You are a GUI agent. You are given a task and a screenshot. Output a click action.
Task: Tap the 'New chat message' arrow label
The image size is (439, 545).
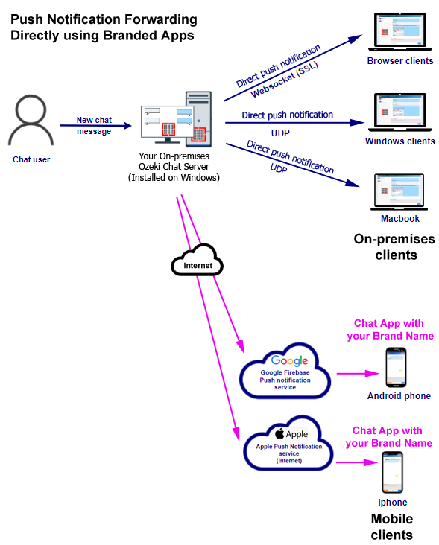click(x=94, y=126)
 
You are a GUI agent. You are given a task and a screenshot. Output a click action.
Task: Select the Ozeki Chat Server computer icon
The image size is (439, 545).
click(x=177, y=119)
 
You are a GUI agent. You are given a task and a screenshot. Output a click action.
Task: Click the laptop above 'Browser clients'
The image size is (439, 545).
click(x=399, y=32)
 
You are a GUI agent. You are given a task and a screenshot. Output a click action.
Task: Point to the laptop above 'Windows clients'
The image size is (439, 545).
click(x=399, y=112)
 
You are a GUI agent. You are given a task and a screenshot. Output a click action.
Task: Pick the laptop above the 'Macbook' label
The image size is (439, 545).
click(x=399, y=192)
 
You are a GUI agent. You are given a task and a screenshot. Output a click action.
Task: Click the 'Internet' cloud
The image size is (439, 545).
click(x=198, y=261)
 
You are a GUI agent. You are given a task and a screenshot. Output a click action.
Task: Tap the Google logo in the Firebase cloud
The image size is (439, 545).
click(x=289, y=361)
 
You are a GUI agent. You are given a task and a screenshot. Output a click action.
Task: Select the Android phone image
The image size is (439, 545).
click(x=396, y=367)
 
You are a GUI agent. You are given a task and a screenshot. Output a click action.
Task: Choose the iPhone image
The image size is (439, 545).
click(x=392, y=472)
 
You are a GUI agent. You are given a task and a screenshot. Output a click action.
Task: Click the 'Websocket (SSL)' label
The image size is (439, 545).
click(x=285, y=80)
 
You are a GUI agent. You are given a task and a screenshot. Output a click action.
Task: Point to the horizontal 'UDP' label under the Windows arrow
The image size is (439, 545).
click(x=280, y=133)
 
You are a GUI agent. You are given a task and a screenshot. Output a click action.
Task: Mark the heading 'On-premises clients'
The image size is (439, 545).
click(x=394, y=246)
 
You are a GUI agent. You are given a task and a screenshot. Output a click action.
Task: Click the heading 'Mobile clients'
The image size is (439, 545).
click(x=392, y=526)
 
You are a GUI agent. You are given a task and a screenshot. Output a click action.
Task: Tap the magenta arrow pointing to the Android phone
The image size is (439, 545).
click(x=358, y=374)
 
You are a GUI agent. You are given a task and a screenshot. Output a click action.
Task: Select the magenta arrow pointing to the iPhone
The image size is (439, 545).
click(x=357, y=462)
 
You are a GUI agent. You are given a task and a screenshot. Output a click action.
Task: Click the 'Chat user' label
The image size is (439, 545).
click(x=31, y=159)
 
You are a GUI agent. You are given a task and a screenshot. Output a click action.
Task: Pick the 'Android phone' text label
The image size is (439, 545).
click(x=399, y=396)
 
